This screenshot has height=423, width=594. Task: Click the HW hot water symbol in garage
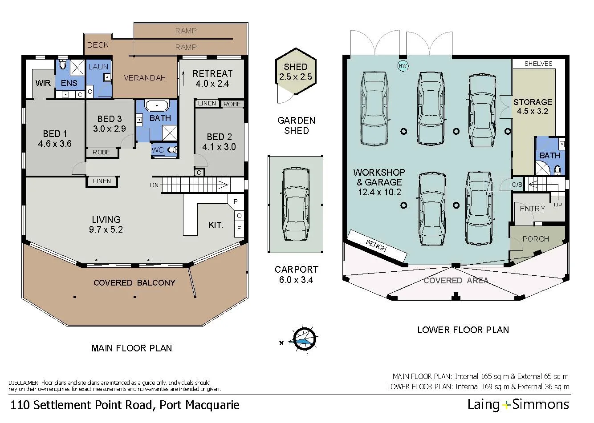[403, 66]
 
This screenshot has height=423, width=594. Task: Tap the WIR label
[43, 83]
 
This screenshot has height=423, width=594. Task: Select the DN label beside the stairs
[154, 185]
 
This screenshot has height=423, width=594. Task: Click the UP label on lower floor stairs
[557, 205]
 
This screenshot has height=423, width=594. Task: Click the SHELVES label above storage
[538, 64]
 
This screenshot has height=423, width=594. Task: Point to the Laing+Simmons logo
[518, 404]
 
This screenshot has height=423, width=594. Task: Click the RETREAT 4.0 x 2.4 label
[212, 78]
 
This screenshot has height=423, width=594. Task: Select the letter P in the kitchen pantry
[236, 201]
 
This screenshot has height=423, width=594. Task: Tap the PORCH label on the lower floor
[536, 239]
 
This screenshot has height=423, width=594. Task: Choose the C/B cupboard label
[517, 185]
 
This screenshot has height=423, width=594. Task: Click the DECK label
[98, 45]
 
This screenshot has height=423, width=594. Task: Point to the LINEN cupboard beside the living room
[102, 181]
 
